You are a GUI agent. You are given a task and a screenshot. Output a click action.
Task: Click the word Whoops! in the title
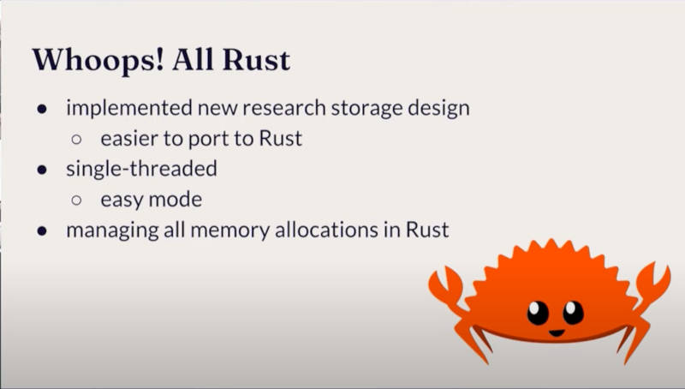pyautogui.click(x=98, y=60)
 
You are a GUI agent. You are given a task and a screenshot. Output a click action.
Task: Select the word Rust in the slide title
pyautogui.click(x=256, y=60)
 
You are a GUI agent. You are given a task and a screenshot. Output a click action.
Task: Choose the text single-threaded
pyautogui.click(x=141, y=169)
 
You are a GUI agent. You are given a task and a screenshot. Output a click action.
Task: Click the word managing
pyautogui.click(x=112, y=230)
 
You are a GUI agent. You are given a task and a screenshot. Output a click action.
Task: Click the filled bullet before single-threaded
pyautogui.click(x=42, y=170)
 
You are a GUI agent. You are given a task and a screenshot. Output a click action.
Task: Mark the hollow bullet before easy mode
pyautogui.click(x=76, y=200)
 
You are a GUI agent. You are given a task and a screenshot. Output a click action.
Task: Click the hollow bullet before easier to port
pyautogui.click(x=76, y=140)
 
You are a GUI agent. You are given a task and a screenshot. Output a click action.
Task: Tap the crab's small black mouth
pyautogui.click(x=557, y=333)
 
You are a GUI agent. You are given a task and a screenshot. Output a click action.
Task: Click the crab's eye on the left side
pyautogui.click(x=538, y=313)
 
